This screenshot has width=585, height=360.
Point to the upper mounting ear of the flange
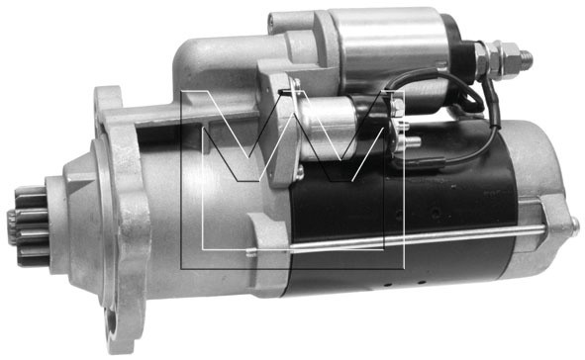[x=108, y=101]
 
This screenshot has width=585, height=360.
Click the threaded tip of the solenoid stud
[x=526, y=59]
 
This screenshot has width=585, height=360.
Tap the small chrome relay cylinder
[x=329, y=127]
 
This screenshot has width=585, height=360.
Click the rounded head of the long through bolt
[x=575, y=225]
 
